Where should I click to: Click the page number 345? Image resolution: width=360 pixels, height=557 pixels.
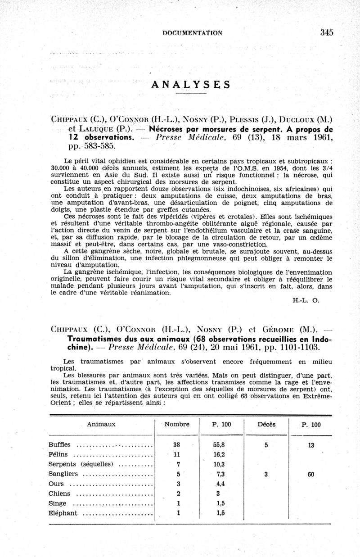click(327, 32)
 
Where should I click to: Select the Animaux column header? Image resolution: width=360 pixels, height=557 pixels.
click(101, 424)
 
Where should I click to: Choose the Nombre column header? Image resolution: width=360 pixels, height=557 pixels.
click(177, 424)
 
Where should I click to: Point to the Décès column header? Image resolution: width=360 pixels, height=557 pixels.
click(266, 424)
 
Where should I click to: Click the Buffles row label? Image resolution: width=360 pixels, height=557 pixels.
click(60, 445)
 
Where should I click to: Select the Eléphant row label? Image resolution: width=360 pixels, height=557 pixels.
click(63, 513)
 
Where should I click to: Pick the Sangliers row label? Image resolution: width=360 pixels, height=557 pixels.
click(63, 474)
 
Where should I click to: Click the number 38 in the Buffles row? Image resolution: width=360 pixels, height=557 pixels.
click(177, 445)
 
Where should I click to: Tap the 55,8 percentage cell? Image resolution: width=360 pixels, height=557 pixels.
click(220, 445)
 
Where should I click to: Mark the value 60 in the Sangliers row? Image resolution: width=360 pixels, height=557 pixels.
click(311, 474)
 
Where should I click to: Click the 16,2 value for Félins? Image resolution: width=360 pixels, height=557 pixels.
click(220, 455)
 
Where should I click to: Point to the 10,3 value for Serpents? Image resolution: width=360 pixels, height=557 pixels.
click(220, 464)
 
